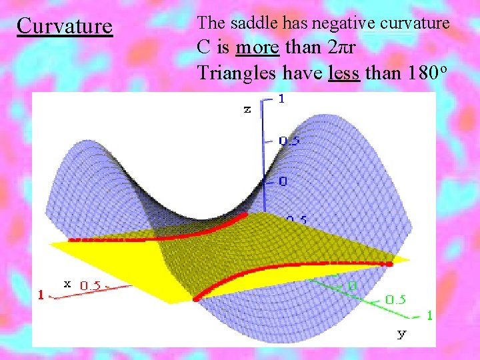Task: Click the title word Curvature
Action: pos(65,26)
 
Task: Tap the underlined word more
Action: pos(257,48)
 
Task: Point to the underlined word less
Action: pos(344,72)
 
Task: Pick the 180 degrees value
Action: pos(411,71)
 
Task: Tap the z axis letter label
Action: pos(247,109)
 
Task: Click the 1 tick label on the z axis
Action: pos(281,99)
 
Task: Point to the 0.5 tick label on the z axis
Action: pos(289,140)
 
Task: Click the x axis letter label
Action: pos(67,283)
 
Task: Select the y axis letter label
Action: pos(401,333)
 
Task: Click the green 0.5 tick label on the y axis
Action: pos(395,299)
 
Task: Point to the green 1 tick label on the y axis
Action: pos(429,314)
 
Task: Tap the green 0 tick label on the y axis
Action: pos(353,285)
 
